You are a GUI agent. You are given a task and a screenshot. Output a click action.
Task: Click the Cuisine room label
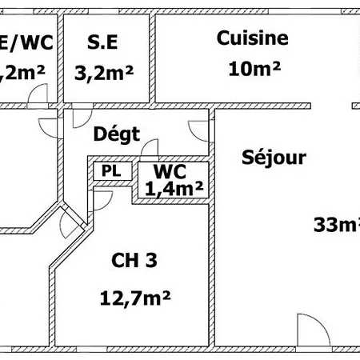pyautogui.click(x=253, y=38)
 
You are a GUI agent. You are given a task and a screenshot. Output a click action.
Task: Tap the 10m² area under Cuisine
pyautogui.click(x=254, y=69)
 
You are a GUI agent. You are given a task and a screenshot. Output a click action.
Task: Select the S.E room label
pyautogui.click(x=102, y=42)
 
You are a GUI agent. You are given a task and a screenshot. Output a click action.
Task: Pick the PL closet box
pyautogui.click(x=106, y=170)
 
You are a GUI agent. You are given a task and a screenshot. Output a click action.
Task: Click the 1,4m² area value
pyautogui.click(x=174, y=189)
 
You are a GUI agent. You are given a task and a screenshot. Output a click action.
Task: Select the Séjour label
pyautogui.click(x=274, y=158)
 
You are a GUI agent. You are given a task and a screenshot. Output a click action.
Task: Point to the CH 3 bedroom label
pyautogui.click(x=134, y=260)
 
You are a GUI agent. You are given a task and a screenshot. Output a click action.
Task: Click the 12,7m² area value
pyautogui.click(x=136, y=298)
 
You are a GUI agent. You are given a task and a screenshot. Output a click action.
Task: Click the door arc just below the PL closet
pyautogui.click(x=103, y=197)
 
